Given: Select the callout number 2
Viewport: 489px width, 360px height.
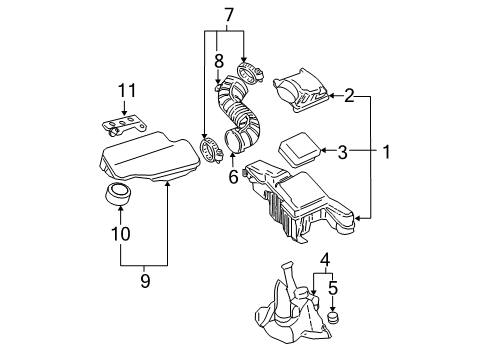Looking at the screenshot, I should coord(350,96).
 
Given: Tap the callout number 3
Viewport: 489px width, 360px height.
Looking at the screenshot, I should coord(342,152).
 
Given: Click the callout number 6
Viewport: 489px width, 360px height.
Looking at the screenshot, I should coord(232,177).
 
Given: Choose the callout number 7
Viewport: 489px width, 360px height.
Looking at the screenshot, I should coord(229,16).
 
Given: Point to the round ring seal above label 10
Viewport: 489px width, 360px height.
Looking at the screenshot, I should coord(119,194).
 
